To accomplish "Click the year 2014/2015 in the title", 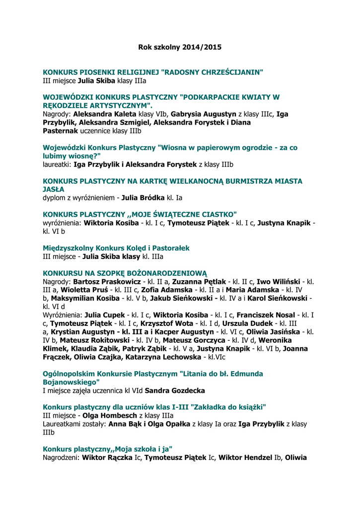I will coord(202,48).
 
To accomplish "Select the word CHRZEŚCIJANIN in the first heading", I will coord(229,72).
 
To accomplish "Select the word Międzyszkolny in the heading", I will coord(68,248).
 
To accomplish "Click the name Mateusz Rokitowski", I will coord(95,340).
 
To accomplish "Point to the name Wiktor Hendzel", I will coord(245,457).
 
